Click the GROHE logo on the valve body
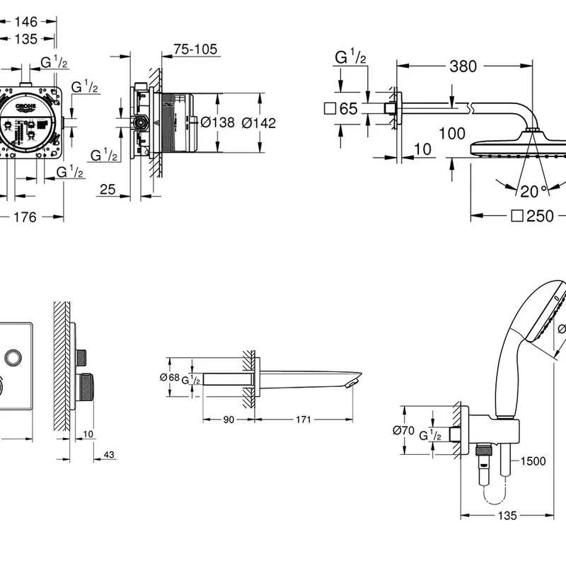coord(25,107)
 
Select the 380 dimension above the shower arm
coord(463,67)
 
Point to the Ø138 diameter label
coord(217,122)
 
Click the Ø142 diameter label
coord(258,122)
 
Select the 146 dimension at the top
coord(25,22)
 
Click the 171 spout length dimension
coord(303,420)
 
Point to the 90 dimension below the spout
coord(228,420)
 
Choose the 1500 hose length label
coord(533,461)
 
